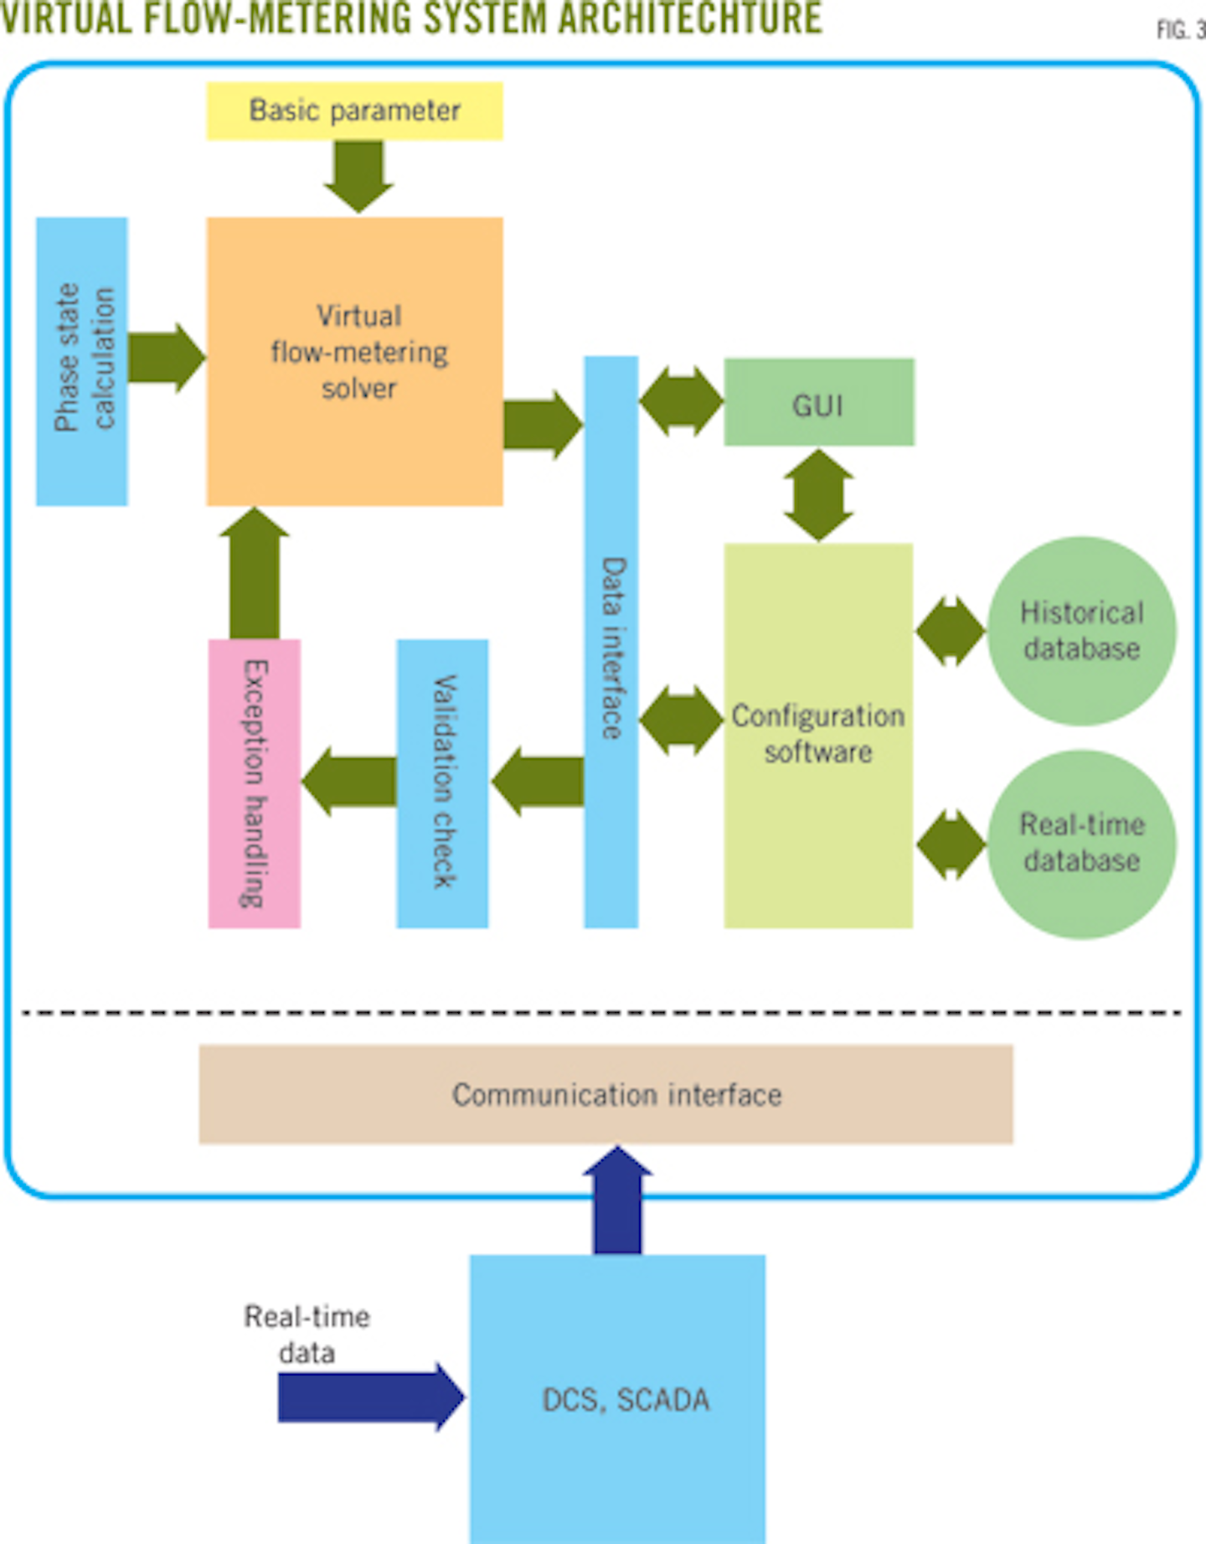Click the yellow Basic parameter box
coord(354,111)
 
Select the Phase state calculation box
coord(82,361)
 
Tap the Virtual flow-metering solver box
coord(354,361)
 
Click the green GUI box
coord(818,402)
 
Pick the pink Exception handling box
coord(254,783)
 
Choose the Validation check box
coord(442,783)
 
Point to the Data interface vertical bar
coord(611,641)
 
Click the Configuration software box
coord(818,735)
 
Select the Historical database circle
coord(1081,631)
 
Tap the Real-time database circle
coord(1081,844)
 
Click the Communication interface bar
coord(606,1094)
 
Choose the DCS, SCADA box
coord(617,1398)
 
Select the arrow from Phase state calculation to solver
coord(166,358)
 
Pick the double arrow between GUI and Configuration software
coord(818,495)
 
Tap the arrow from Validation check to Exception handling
coord(348,782)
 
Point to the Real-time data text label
coord(307,1334)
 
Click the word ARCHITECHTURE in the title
coord(689,18)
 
